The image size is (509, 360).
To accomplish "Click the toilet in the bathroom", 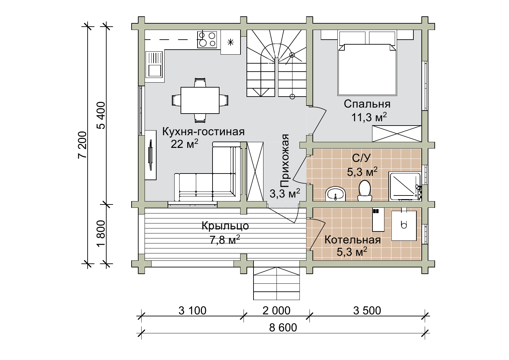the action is [x=365, y=191].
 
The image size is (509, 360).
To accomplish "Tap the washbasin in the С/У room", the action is [x=335, y=194].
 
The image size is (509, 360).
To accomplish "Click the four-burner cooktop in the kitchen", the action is [x=207, y=40].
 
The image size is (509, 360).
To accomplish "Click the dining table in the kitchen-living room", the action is [x=200, y=100].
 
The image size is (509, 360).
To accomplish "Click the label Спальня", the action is [x=367, y=104].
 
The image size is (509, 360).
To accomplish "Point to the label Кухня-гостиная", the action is [x=204, y=132].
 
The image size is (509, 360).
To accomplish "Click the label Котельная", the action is [x=352, y=240].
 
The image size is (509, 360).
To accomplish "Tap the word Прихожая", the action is [x=284, y=161].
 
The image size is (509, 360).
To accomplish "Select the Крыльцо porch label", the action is [x=225, y=226].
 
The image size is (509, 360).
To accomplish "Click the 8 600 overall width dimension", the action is [x=283, y=328].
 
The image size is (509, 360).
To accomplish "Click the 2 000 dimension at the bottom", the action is [x=276, y=311].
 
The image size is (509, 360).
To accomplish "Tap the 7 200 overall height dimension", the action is [x=83, y=145].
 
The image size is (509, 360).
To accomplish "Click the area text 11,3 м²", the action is [x=369, y=117].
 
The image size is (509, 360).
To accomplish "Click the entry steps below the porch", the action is [x=276, y=283].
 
